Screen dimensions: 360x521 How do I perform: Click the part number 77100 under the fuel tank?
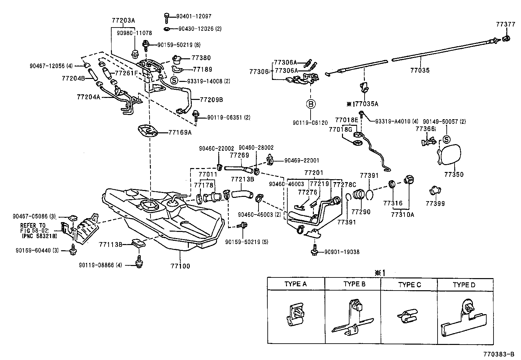click(180, 266)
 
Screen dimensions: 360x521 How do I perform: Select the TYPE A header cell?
click(296, 284)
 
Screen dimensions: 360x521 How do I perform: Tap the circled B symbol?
click(310, 104)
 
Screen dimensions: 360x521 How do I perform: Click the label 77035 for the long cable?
click(420, 70)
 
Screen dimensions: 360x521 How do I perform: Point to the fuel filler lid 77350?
click(450, 156)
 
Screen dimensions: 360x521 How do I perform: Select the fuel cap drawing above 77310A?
click(409, 180)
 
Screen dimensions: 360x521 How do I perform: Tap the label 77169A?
click(180, 133)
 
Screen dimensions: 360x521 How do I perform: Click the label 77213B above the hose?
click(243, 179)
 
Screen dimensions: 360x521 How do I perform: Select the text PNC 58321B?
click(39, 236)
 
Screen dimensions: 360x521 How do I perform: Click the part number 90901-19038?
click(342, 252)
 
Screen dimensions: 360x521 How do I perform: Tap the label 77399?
click(435, 203)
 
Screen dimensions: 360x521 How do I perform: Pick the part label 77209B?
click(211, 100)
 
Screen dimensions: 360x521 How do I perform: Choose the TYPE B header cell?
click(354, 284)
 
